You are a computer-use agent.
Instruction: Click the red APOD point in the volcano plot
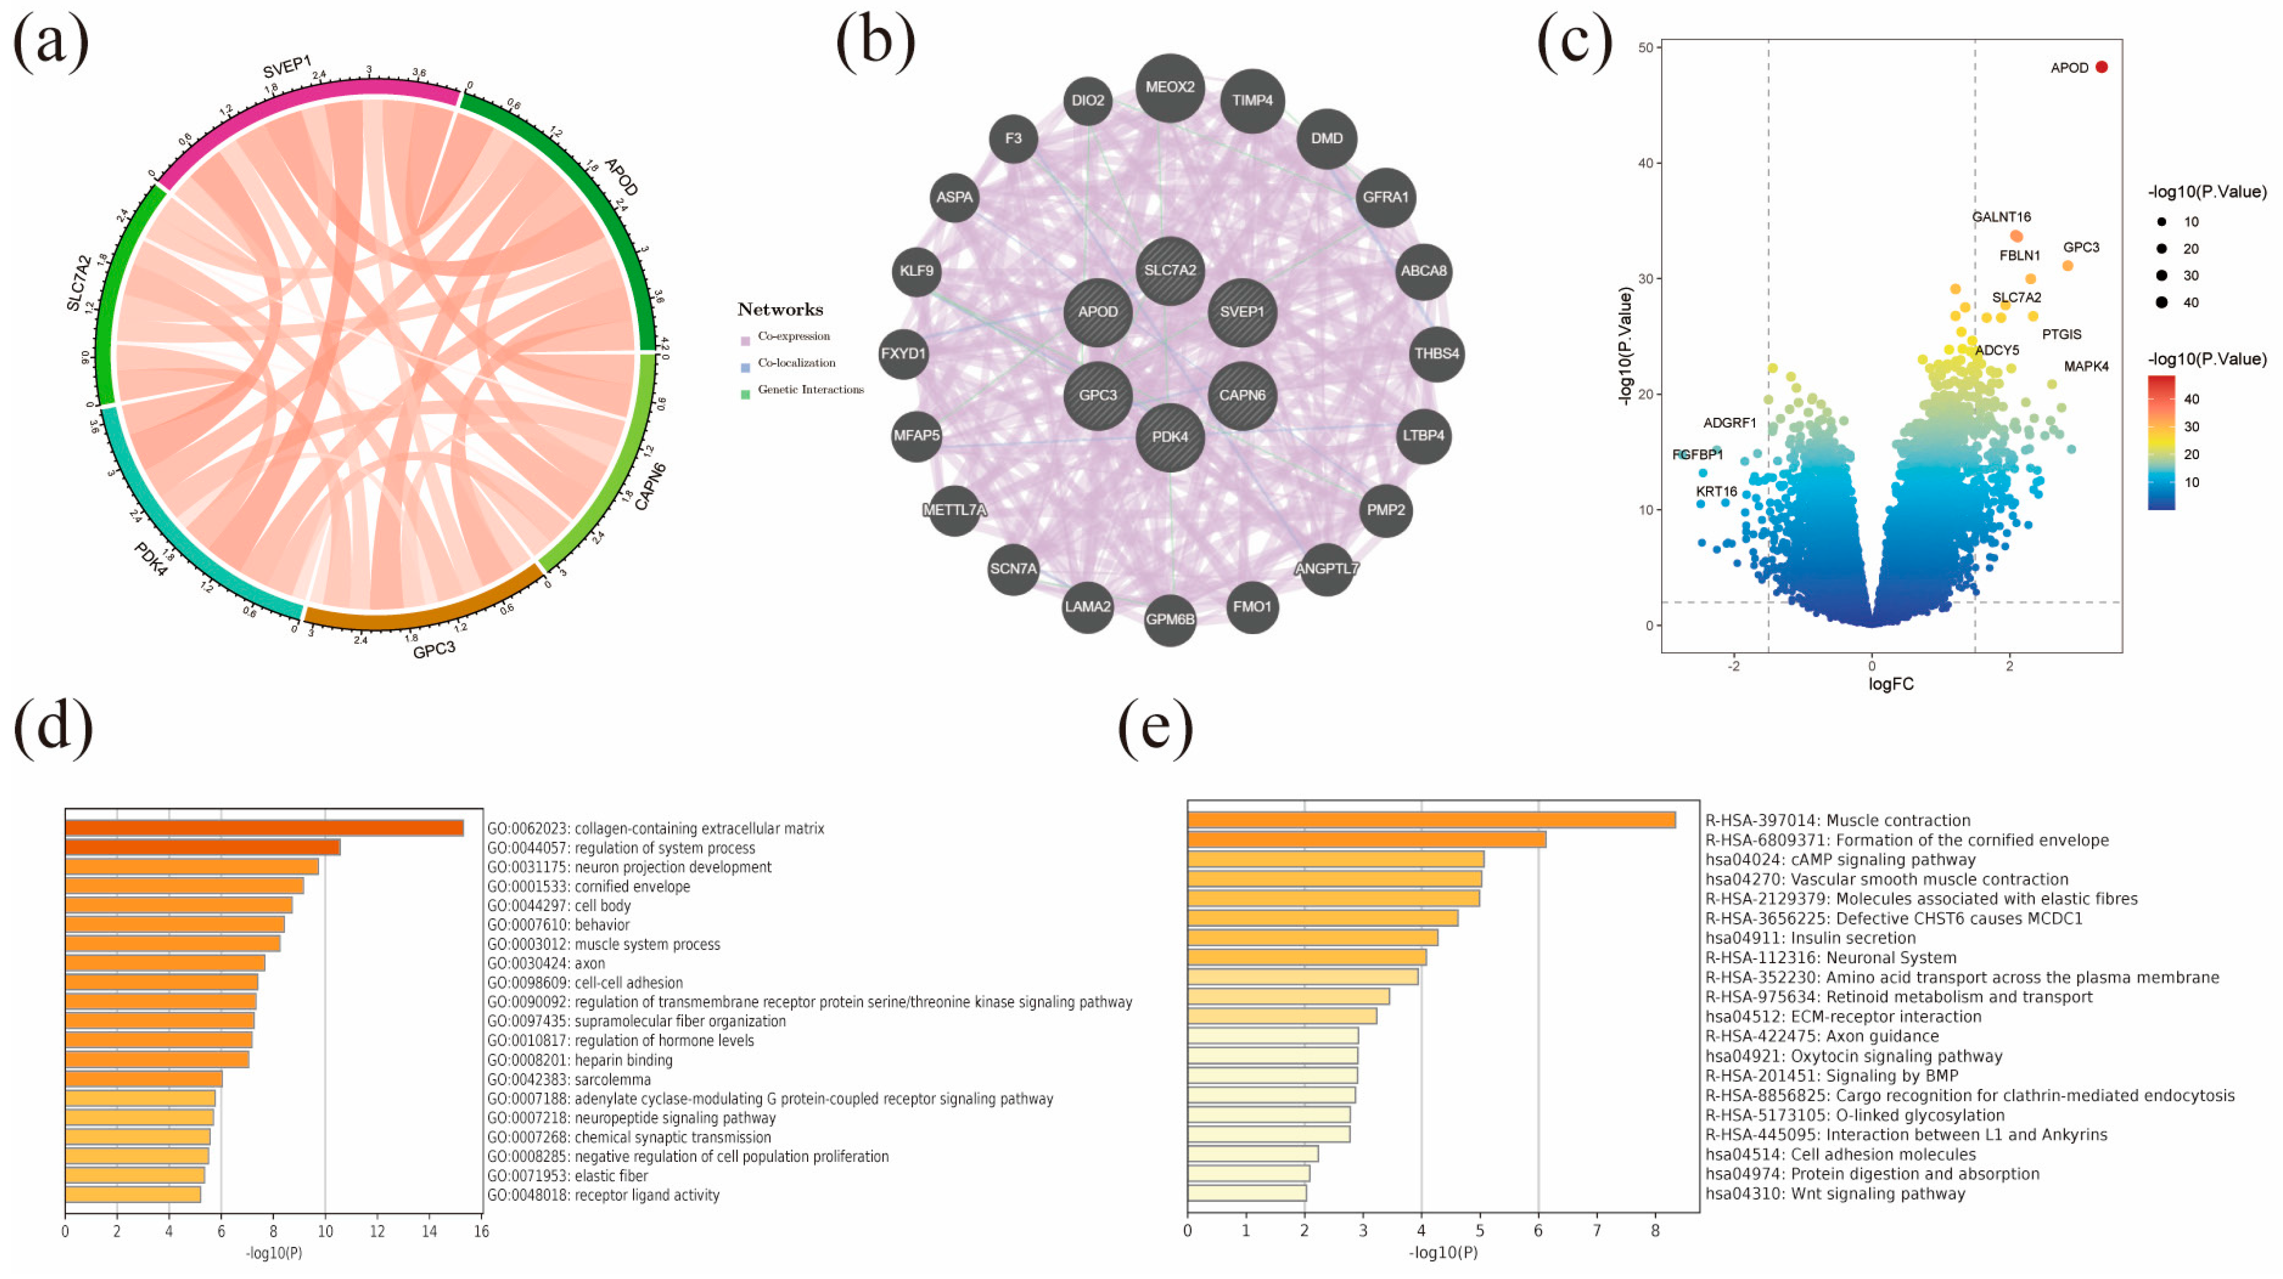point(2102,67)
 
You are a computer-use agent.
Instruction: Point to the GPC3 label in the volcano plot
point(2080,247)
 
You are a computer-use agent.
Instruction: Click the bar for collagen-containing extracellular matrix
point(264,828)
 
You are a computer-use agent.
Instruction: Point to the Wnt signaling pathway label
point(1835,1193)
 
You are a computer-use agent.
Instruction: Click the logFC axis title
point(1890,684)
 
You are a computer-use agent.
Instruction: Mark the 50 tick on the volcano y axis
point(1646,48)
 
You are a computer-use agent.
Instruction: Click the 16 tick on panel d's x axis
point(481,1231)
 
